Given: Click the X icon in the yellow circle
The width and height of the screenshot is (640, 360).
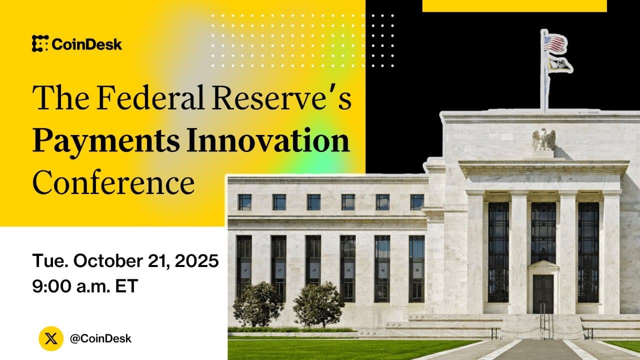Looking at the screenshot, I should [x=51, y=338].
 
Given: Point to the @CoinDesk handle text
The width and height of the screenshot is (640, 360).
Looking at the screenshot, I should [x=100, y=338].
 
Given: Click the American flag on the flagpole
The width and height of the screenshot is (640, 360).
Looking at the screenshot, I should [x=555, y=43].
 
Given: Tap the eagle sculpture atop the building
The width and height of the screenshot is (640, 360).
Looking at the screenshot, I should [x=543, y=139].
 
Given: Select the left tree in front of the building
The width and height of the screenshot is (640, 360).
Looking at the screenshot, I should [x=258, y=303].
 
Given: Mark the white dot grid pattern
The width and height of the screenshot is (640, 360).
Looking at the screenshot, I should [x=302, y=40].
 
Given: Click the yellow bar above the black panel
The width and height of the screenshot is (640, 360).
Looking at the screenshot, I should [x=514, y=5].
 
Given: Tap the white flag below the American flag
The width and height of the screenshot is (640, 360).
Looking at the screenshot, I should [x=558, y=64].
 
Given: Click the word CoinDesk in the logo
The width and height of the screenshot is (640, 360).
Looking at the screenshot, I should [x=86, y=44].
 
